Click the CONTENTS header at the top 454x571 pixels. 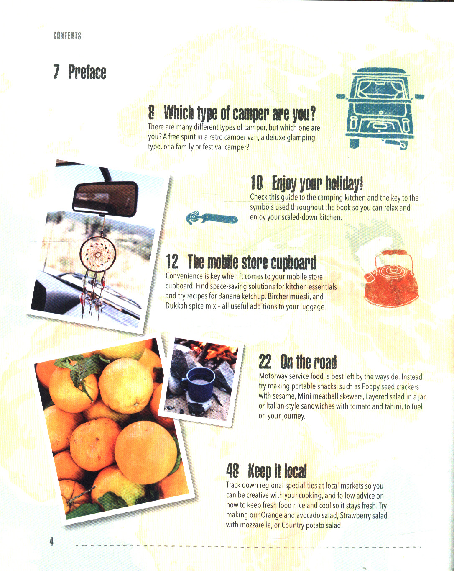tap(67, 36)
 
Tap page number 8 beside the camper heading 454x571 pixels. tap(151, 113)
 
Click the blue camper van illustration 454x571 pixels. tap(380, 108)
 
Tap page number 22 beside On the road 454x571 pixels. tap(265, 362)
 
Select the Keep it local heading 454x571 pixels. tap(277, 471)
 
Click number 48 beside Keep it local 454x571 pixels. tap(232, 471)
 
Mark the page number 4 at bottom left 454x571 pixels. tap(51, 541)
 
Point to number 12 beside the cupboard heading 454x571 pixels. tap(172, 261)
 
